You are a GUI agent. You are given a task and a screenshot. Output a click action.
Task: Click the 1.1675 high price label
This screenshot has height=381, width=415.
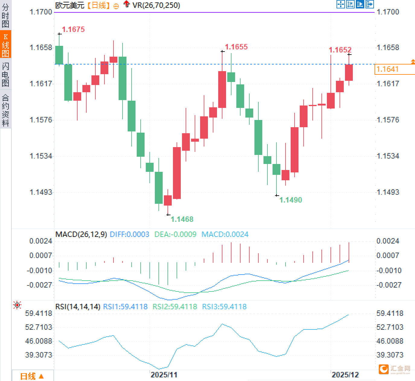coord(73,29)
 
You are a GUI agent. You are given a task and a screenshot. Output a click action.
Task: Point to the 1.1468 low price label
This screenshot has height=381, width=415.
coord(182,219)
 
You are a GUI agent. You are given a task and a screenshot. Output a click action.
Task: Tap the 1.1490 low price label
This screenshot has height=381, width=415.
coord(291,200)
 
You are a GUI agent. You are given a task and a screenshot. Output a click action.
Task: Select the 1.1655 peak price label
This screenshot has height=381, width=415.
coord(236,47)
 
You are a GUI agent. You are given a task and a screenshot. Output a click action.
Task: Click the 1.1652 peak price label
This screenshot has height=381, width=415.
coord(340,50)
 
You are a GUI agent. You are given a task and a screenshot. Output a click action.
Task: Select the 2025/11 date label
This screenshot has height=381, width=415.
coord(164,375)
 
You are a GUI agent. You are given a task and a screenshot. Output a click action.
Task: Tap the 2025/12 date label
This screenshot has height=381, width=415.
coord(345,375)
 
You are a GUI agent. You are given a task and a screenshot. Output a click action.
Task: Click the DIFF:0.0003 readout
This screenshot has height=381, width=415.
coord(129,235)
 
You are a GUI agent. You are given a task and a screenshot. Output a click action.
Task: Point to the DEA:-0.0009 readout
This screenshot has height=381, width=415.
coord(175,235)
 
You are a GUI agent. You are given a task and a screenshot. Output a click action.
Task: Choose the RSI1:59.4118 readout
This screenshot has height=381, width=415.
coord(125,307)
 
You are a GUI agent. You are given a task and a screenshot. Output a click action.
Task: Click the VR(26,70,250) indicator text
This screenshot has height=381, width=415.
coord(156,5)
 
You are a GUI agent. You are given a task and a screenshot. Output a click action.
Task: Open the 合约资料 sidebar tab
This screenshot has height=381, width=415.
coord(5,110)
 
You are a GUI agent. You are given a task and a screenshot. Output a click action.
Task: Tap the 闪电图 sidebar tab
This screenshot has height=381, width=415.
coord(5,74)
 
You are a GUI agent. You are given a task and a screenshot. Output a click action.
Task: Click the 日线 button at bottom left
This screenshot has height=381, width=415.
coord(32,376)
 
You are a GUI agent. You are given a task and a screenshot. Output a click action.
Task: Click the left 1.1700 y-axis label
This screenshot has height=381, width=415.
coord(41,12)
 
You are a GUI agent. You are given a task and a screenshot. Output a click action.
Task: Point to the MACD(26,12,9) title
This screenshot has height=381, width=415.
coord(81,235)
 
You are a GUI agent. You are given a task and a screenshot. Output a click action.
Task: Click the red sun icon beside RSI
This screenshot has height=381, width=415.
coord(18,305)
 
